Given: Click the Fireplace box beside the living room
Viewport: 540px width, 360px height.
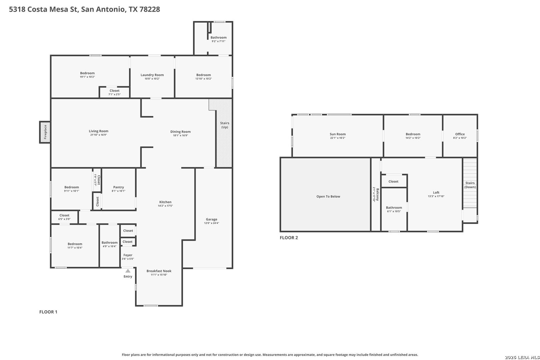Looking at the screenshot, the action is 45,132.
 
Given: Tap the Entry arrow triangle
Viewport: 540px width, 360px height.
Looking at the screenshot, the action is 128,271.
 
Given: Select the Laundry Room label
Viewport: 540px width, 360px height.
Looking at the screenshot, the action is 152,75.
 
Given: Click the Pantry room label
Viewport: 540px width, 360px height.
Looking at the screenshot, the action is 118,187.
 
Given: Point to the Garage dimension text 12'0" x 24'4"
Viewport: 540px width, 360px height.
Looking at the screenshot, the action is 211,223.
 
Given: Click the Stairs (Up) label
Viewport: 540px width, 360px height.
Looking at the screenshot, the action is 224,125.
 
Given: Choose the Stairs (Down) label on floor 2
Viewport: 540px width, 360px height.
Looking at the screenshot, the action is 470,185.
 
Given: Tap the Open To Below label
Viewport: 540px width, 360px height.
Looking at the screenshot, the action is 328,197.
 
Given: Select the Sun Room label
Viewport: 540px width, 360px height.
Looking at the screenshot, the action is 337,134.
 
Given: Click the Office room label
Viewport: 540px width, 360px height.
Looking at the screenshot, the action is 460,134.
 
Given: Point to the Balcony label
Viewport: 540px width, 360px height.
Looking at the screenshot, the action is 377,195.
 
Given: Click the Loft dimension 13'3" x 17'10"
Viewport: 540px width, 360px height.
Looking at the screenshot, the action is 436,196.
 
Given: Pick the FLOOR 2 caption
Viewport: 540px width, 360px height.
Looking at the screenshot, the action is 289,238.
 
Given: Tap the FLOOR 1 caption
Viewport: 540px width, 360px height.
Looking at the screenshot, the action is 48,312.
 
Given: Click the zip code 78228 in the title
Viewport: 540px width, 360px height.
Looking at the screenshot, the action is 149,9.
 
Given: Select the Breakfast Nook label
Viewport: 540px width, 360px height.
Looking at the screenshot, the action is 159,271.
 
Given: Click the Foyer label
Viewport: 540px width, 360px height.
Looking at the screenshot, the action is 128,255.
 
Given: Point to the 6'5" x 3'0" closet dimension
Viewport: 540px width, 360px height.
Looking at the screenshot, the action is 64,219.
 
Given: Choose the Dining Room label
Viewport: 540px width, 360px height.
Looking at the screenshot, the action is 180,132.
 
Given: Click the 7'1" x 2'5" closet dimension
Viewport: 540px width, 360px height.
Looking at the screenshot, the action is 115,94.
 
